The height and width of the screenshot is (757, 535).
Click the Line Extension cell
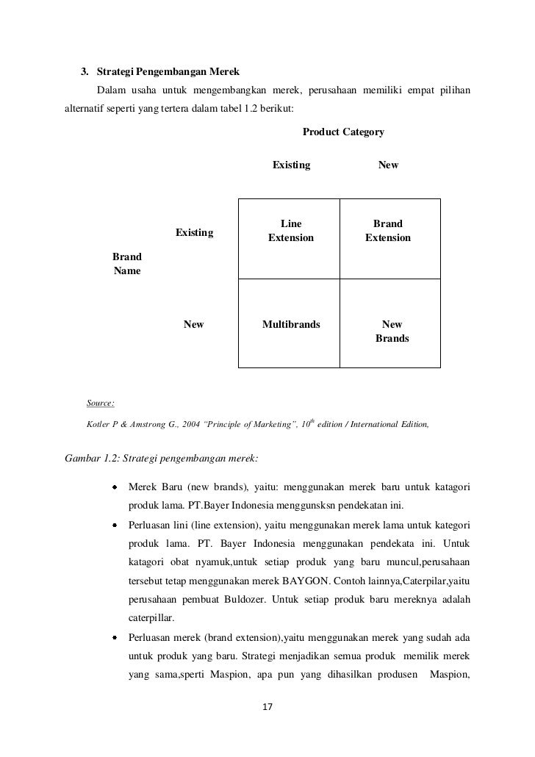point(290,231)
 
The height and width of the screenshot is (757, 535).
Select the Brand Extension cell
point(388,231)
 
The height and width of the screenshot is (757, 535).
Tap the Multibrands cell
point(291,324)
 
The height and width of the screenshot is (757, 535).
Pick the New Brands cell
point(392,331)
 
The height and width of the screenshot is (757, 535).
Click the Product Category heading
point(343,132)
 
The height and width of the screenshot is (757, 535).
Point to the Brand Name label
point(127,264)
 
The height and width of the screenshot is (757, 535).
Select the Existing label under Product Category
point(291,165)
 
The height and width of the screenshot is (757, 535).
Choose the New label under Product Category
point(388,165)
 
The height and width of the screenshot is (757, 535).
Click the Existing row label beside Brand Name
point(194,233)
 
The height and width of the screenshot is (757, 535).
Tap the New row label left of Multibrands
point(194,324)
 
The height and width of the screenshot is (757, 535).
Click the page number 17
point(267,708)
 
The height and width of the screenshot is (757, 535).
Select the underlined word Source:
point(100,403)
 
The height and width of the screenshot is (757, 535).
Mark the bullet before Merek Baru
point(115,487)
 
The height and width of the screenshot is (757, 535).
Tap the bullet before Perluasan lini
point(115,525)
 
